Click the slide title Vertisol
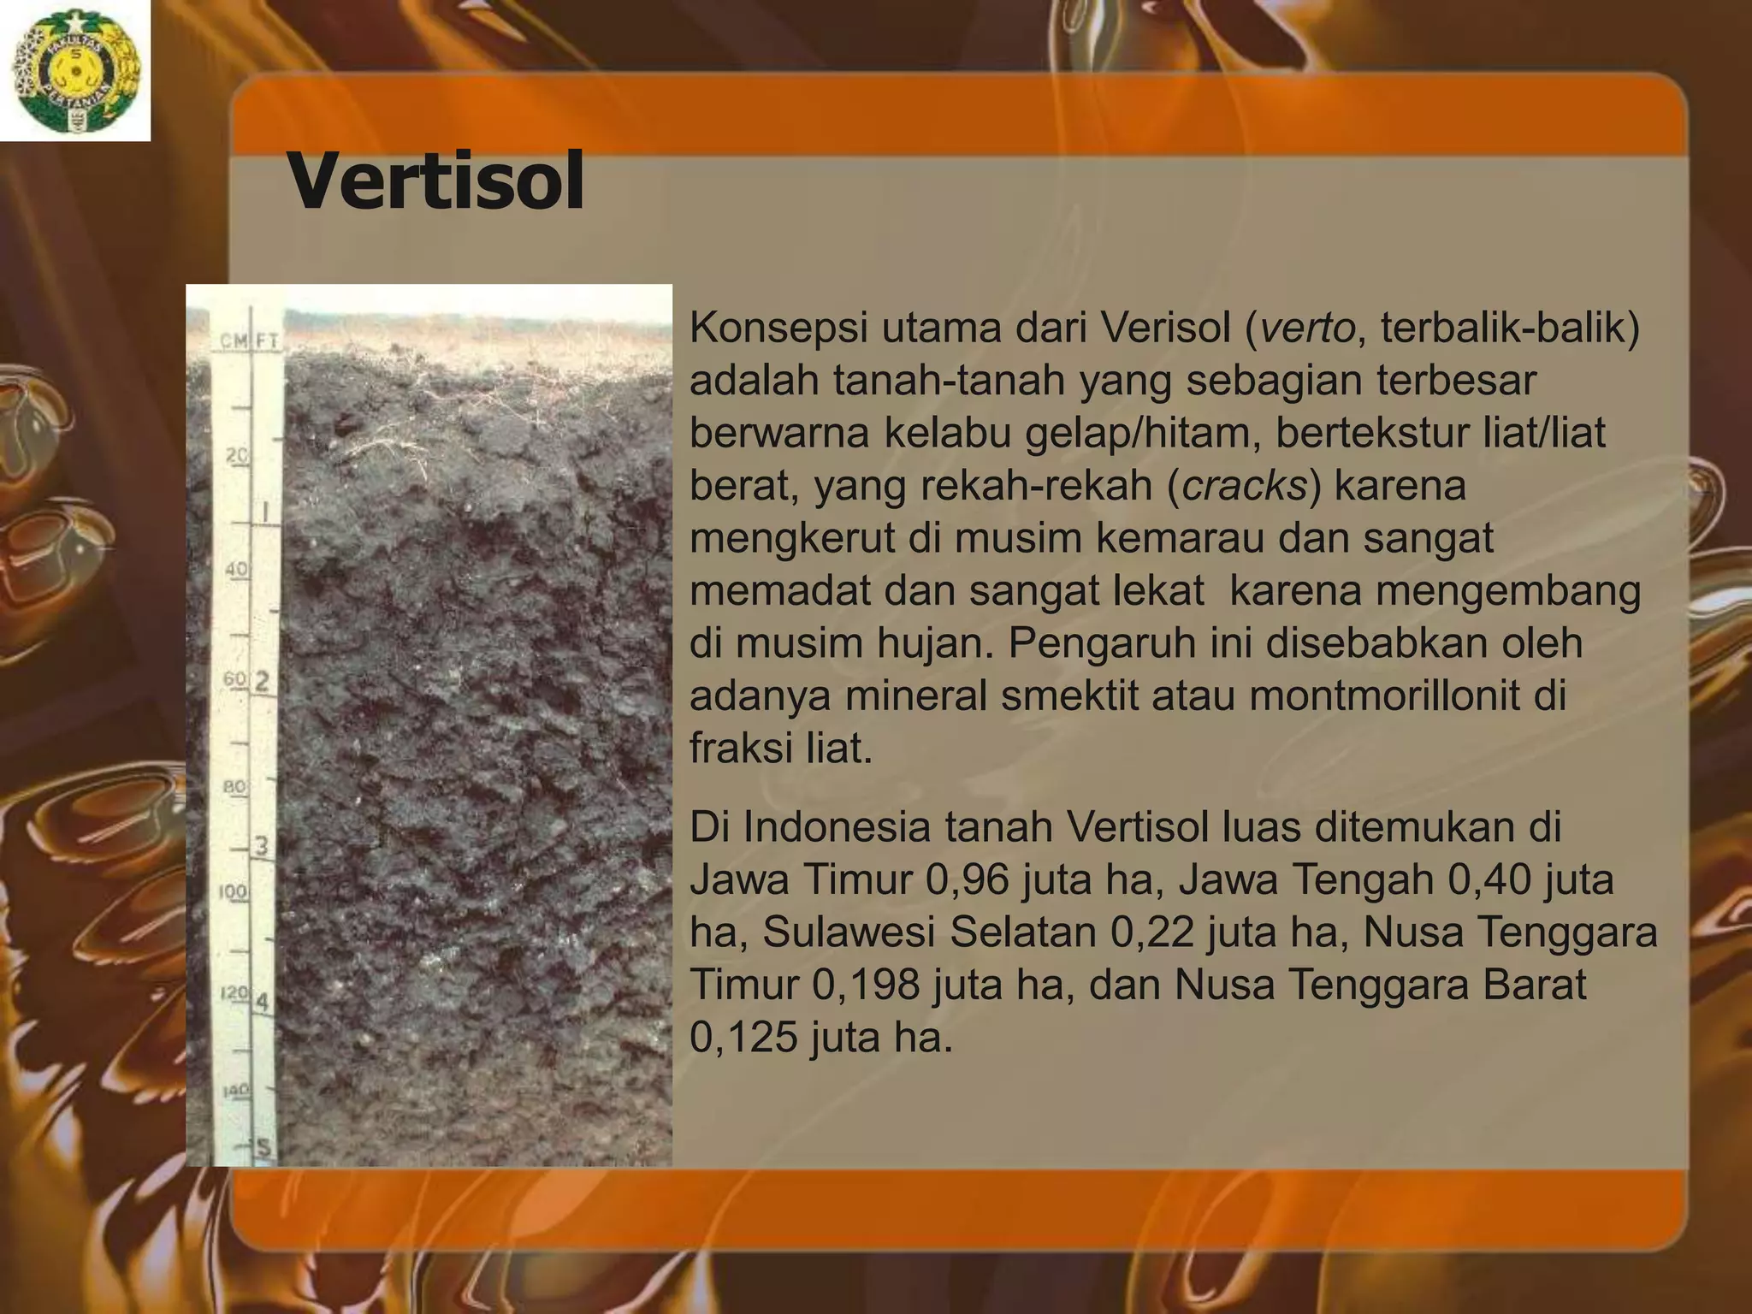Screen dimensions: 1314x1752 pos(436,181)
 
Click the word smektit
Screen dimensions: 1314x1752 pos(1079,696)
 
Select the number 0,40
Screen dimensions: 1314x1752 pos(1489,879)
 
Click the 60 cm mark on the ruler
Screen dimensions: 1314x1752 pos(234,679)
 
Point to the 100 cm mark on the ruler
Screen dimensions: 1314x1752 pos(233,891)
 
